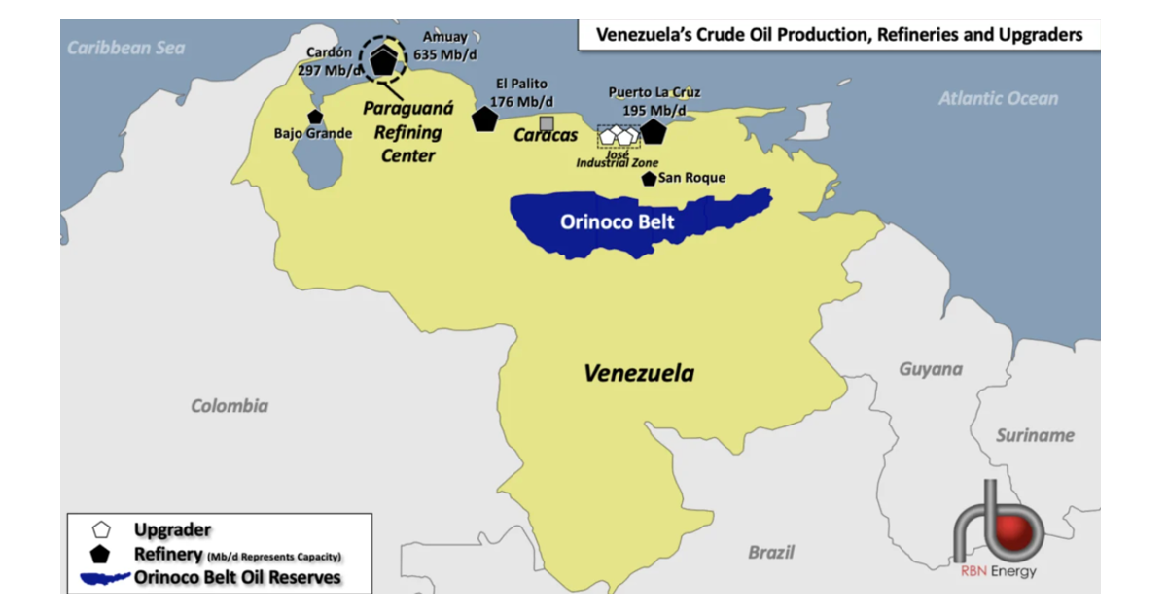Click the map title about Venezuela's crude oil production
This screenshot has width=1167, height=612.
click(838, 36)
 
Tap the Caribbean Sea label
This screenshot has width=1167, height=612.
click(125, 47)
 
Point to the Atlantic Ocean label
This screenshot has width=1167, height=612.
click(998, 98)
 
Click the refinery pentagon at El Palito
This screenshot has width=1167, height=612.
click(484, 119)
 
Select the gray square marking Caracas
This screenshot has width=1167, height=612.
click(547, 123)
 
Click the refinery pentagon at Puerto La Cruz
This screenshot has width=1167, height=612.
click(653, 131)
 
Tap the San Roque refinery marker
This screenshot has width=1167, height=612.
click(649, 179)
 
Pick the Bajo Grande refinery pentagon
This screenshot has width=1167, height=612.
click(314, 117)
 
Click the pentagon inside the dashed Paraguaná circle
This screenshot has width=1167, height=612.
click(385, 60)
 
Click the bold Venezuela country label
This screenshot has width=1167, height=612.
click(639, 373)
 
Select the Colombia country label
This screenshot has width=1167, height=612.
click(230, 406)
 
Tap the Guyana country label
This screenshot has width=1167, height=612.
click(931, 369)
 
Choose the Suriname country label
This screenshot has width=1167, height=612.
click(1035, 435)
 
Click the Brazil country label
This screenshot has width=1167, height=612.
click(770, 552)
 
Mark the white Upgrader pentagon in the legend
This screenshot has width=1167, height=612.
click(99, 530)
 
